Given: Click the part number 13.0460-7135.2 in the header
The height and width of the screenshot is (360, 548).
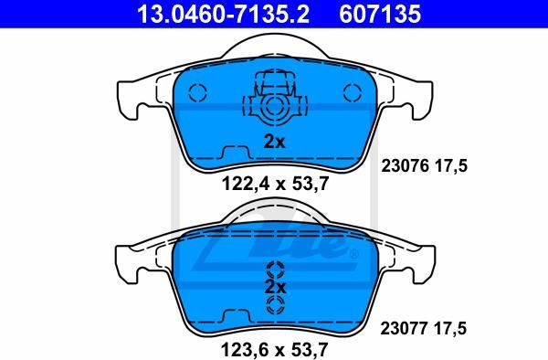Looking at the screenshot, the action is coord(223,14).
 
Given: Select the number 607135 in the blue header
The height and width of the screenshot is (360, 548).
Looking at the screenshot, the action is coord(380,14).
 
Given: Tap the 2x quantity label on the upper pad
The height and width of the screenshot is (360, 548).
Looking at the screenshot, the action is coord(274,142).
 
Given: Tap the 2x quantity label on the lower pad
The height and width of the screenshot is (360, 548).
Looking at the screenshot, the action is coord(275,287).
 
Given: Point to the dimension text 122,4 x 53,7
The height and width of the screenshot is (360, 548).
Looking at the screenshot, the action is coord(276,184).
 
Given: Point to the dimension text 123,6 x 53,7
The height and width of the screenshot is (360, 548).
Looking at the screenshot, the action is coord(275,350).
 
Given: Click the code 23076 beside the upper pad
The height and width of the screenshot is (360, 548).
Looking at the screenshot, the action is coord(405,165).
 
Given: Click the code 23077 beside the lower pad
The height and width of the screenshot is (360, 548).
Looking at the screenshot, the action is coord(404,329).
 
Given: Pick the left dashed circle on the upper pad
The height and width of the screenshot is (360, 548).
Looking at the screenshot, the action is coord(197,92).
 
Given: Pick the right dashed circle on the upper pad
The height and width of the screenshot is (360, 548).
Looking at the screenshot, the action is coord(353,92).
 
